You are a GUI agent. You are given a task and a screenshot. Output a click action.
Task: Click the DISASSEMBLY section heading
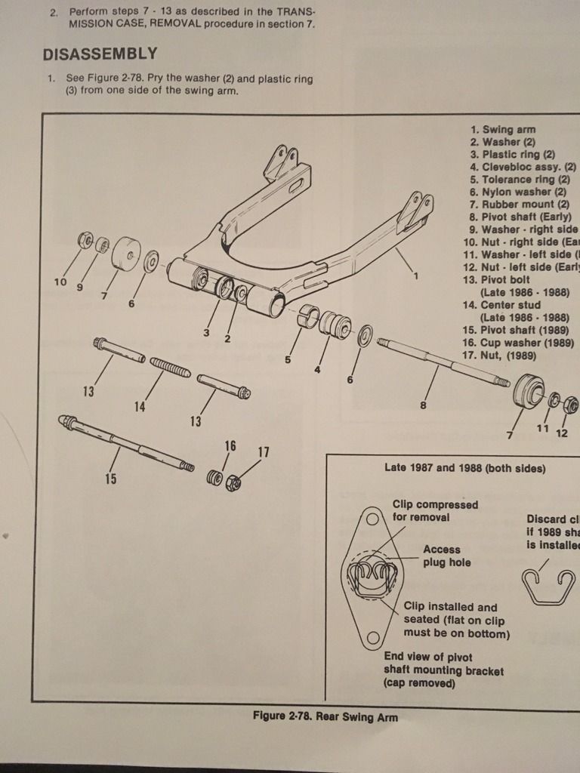(x=100, y=54)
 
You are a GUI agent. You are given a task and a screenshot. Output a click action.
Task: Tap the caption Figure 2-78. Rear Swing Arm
(x=325, y=716)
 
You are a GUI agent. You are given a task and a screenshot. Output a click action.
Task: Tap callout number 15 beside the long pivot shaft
(x=111, y=478)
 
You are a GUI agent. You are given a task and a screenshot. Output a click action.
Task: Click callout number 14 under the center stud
(x=140, y=407)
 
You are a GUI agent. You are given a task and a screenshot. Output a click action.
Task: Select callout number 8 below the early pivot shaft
(x=423, y=405)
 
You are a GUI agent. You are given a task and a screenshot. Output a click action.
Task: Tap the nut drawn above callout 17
(x=234, y=481)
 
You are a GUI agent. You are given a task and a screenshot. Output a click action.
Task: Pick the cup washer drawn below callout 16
(x=215, y=478)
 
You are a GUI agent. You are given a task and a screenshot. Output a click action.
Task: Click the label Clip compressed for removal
(x=435, y=510)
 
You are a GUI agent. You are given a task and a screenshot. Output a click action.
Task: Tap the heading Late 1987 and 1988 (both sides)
(x=464, y=468)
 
